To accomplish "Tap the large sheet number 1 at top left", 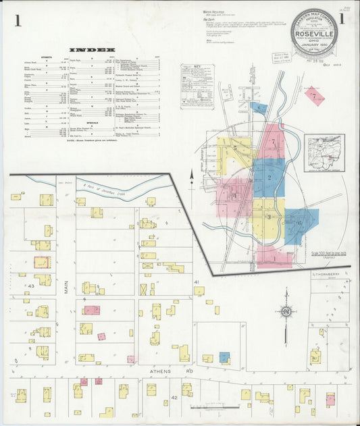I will click(17, 21).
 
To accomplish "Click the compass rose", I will click(286, 311).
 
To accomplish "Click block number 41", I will click(197, 280).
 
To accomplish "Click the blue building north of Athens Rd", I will click(224, 356).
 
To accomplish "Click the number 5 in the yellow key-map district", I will click(234, 147).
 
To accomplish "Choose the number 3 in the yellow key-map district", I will click(268, 216).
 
